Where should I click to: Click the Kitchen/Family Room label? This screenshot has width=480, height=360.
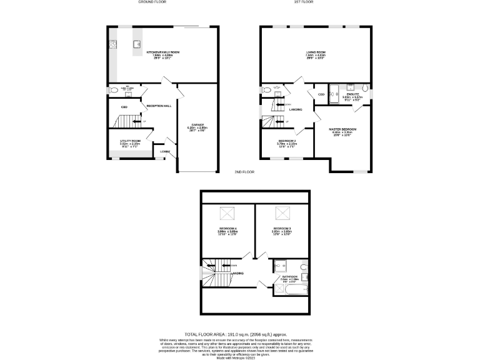[162, 52]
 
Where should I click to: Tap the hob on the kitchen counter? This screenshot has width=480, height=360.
[113, 44]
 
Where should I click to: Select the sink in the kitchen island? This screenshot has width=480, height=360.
[136, 44]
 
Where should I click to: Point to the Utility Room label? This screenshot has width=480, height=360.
[130, 141]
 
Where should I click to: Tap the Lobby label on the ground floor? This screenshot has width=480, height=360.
[165, 151]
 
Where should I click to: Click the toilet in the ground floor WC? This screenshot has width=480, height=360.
[113, 90]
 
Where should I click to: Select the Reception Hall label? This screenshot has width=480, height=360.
[159, 106]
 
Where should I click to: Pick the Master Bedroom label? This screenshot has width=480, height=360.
[342, 129]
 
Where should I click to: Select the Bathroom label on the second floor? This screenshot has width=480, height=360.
[289, 276]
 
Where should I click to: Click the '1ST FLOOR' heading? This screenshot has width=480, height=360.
[303, 2]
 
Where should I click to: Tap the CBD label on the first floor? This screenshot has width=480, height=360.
[321, 94]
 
